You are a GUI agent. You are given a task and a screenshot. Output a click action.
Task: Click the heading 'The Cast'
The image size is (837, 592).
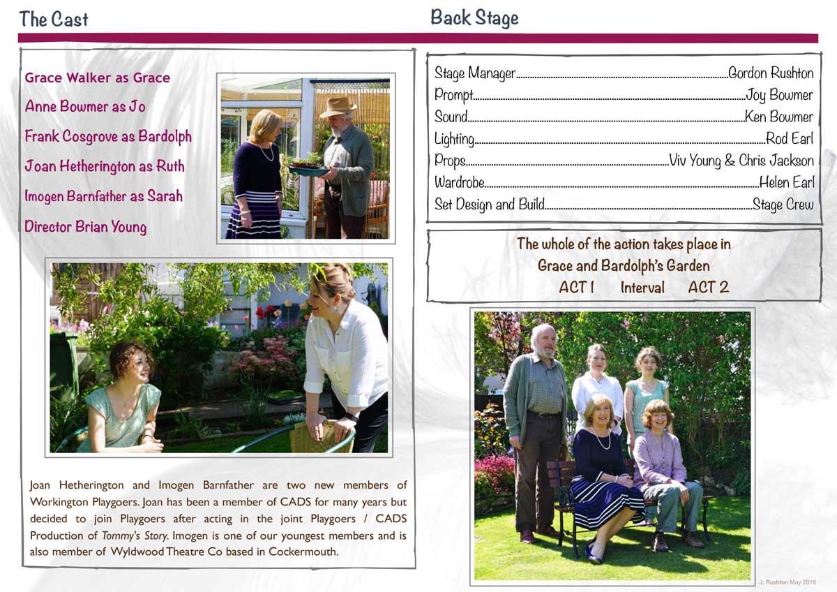click(54, 19)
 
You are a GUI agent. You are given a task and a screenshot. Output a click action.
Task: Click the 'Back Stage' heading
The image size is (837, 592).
click(474, 17)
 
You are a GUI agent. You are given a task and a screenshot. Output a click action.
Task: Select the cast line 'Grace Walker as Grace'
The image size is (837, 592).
click(97, 77)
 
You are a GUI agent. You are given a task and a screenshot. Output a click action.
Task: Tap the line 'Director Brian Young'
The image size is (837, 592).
click(85, 226)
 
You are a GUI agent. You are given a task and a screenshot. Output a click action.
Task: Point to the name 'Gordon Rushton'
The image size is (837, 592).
click(770, 73)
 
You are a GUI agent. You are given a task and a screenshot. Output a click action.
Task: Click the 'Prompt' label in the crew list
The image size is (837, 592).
click(453, 94)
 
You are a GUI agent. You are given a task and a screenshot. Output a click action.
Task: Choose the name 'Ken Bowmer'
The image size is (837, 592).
click(778, 117)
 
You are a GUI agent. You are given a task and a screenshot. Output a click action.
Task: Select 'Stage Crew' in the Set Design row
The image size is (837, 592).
click(783, 205)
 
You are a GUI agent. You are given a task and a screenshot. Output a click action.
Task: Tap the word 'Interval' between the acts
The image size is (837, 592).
click(642, 288)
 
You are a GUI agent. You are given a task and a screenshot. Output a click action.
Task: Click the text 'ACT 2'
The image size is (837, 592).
click(708, 287)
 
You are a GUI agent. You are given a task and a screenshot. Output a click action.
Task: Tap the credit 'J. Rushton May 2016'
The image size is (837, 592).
click(787, 582)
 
